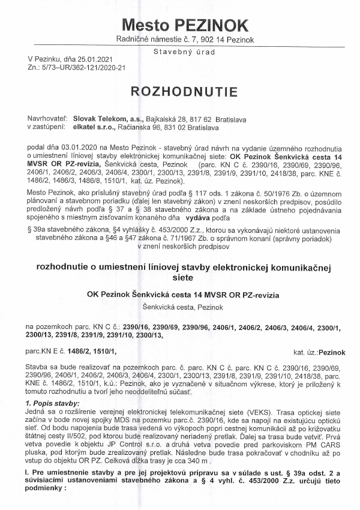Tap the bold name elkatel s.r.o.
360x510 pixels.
point(91,127)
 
